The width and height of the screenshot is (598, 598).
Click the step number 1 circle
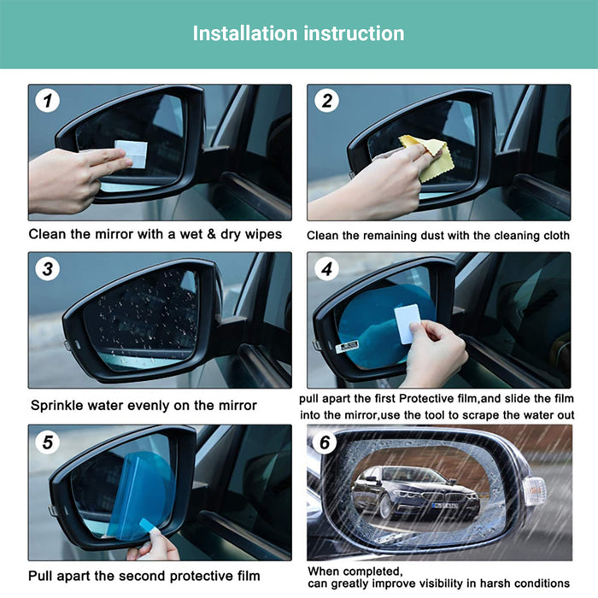(47, 101)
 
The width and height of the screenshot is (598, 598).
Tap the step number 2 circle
(327, 101)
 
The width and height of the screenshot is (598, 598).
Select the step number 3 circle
(47, 269)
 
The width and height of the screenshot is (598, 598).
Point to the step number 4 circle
(327, 269)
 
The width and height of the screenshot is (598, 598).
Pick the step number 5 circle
(47, 442)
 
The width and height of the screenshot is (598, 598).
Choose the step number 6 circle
(325, 442)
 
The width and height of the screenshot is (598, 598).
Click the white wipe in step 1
(132, 154)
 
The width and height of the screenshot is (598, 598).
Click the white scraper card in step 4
(407, 324)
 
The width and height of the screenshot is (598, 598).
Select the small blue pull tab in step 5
(148, 525)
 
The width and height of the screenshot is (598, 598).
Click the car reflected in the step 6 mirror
(415, 492)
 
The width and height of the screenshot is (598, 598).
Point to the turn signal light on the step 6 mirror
(535, 491)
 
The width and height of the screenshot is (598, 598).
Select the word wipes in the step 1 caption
(263, 235)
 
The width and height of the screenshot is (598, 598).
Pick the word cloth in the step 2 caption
(556, 235)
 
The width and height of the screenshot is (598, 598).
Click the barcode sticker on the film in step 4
(347, 347)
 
